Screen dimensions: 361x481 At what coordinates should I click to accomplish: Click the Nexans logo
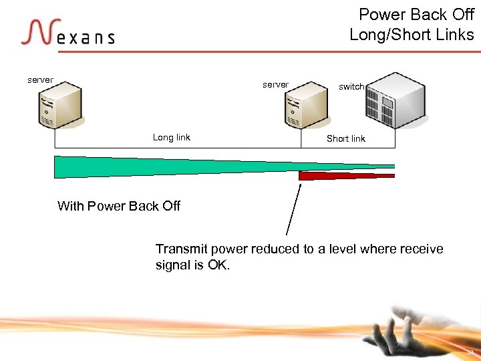tap(67, 33)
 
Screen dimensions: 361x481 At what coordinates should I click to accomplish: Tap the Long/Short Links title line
tap(412, 34)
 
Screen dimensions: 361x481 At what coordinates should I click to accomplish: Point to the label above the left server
tap(40, 80)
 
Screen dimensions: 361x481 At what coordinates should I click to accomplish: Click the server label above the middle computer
tap(275, 85)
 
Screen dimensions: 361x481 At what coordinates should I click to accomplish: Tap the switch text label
tap(351, 86)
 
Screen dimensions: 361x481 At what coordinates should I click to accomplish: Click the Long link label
tap(172, 138)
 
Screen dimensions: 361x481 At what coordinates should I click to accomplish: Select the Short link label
tap(345, 139)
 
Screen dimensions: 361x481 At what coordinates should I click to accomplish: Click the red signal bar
tap(346, 176)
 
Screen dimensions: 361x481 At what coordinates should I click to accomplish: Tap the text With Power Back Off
tap(119, 206)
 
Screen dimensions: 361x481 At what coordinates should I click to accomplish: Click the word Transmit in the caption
tap(182, 249)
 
